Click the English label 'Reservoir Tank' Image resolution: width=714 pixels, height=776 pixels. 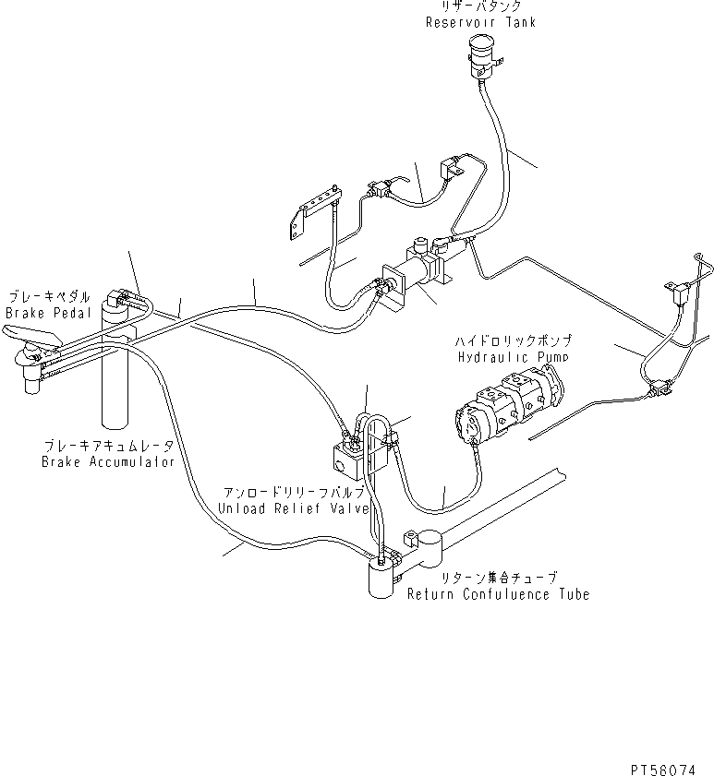click(479, 22)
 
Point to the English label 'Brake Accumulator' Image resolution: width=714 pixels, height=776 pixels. click(107, 462)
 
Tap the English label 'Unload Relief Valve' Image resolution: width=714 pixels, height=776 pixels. click(293, 508)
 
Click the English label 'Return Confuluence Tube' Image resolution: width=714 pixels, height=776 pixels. click(498, 594)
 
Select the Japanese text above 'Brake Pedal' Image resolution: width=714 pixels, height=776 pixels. click(50, 298)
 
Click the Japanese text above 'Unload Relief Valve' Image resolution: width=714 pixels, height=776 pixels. click(293, 494)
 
